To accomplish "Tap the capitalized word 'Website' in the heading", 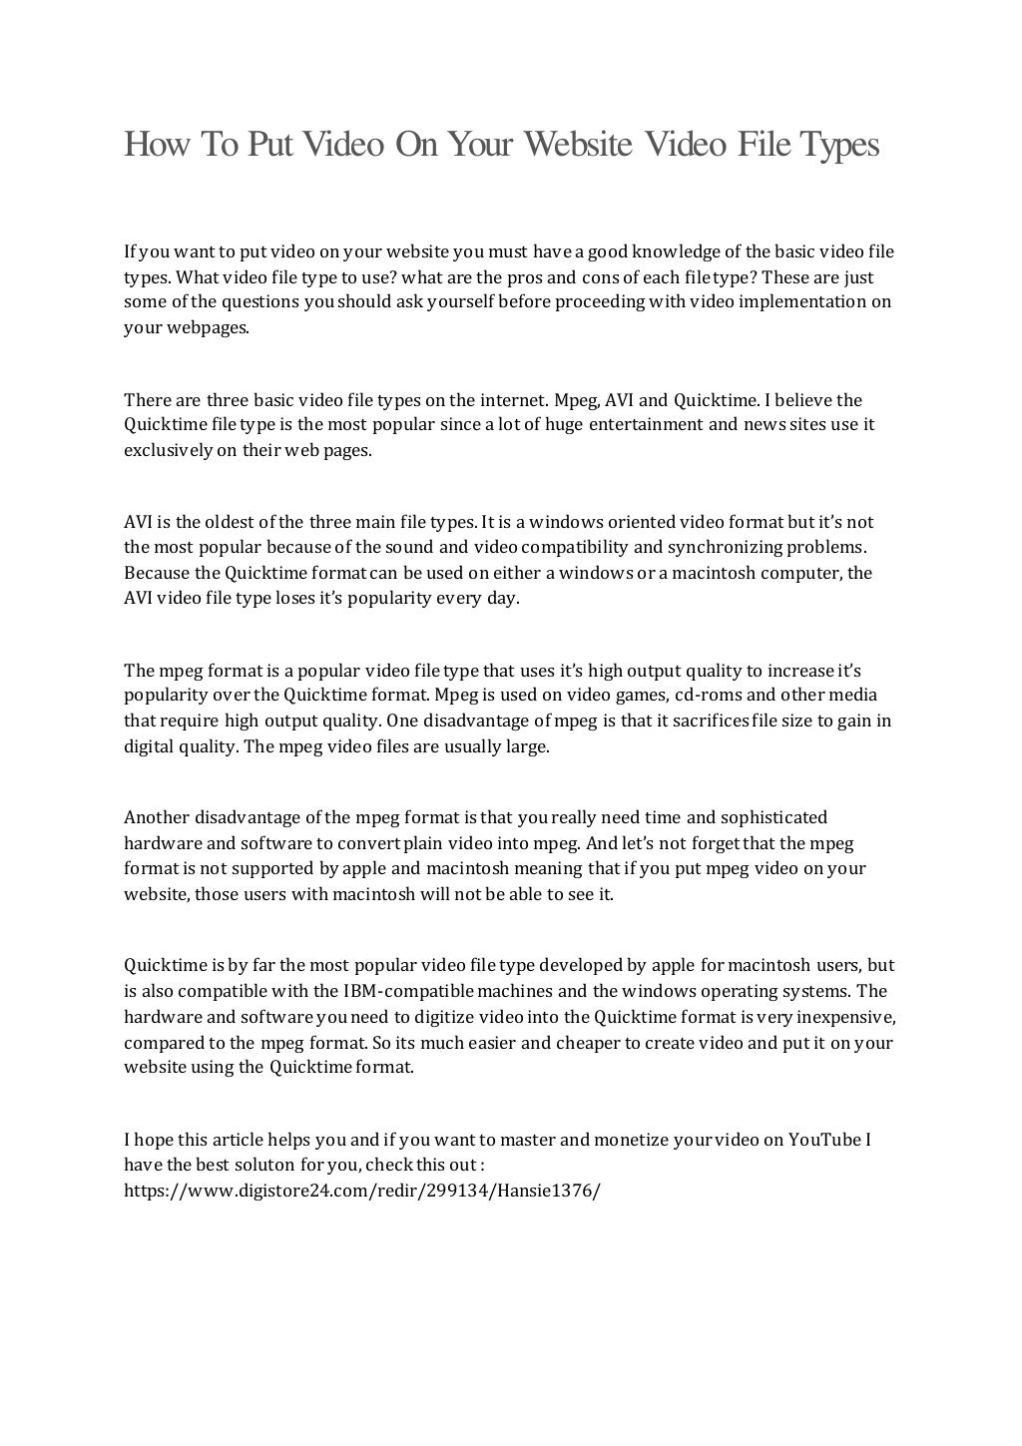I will click(x=578, y=146).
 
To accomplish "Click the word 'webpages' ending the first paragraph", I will click(x=186, y=327).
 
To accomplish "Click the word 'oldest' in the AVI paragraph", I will click(x=231, y=522).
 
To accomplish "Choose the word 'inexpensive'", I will click(x=846, y=1017).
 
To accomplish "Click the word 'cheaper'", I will click(x=588, y=1043).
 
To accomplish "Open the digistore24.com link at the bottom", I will click(x=361, y=1191).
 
